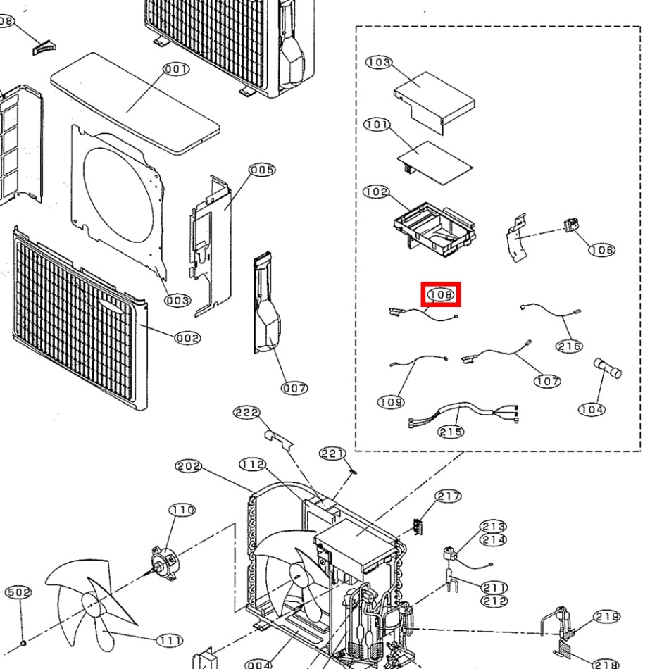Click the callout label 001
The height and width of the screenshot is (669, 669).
176,69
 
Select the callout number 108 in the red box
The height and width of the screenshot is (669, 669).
441,294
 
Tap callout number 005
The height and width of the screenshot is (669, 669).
262,170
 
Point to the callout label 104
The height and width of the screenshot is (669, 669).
592,410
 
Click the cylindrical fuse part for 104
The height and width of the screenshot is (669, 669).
607,368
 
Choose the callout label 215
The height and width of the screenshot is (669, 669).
451,432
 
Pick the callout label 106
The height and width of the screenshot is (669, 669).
601,249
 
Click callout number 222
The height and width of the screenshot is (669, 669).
246,413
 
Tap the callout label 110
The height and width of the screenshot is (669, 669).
182,510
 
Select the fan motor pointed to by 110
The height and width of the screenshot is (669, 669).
165,563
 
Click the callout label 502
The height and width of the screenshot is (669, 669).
18,592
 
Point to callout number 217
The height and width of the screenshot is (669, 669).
448,496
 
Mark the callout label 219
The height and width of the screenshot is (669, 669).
607,616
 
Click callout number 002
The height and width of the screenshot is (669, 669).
188,338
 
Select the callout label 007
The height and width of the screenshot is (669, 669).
294,388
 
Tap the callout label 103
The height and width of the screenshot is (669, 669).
379,62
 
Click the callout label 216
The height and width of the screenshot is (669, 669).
570,346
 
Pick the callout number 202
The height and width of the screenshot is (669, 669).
189,466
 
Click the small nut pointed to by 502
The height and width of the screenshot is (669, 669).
24,643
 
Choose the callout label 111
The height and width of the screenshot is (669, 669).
170,640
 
